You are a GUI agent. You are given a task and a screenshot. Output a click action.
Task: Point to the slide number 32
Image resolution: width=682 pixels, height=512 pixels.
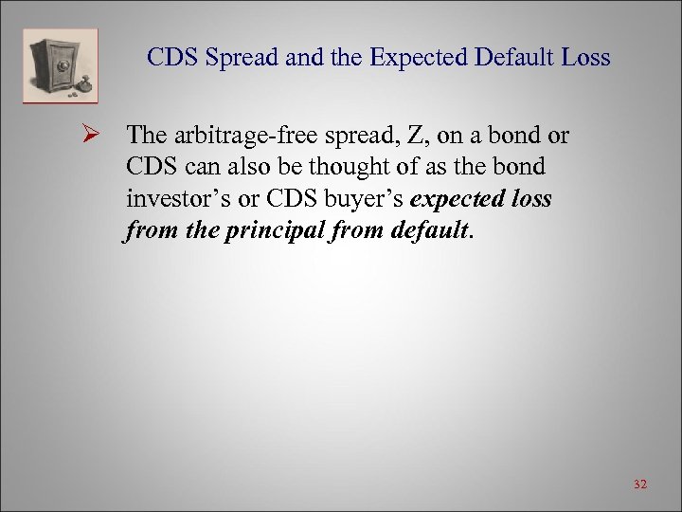pyautogui.click(x=640, y=485)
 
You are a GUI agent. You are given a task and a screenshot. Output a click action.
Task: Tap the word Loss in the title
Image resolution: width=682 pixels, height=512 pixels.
pyautogui.click(x=585, y=58)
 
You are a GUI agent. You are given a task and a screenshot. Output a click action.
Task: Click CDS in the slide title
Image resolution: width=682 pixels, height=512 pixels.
pyautogui.click(x=170, y=58)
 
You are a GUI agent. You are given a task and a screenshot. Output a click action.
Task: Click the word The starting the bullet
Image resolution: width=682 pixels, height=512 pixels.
pyautogui.click(x=144, y=136)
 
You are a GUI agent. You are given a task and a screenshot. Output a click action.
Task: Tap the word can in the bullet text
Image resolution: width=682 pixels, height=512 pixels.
pyautogui.click(x=190, y=167)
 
